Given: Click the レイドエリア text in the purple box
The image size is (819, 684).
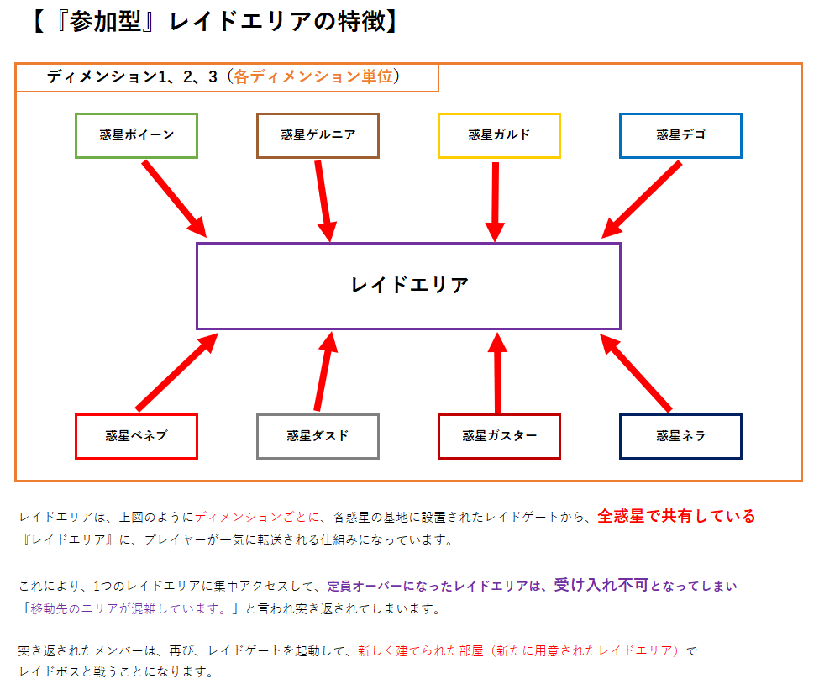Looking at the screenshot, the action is pos(410,286).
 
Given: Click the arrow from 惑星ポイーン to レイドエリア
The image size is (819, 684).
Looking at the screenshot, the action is pos(175,199).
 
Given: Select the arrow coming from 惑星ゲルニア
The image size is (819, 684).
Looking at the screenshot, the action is pos(324,201).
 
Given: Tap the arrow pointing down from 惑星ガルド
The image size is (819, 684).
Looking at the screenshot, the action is pos(495,202).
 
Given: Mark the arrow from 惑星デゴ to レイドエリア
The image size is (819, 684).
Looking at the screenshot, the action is pos(642,200).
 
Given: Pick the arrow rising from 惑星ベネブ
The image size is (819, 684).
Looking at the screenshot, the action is pos(176,372).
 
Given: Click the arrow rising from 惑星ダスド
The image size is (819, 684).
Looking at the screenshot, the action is pos(325,371).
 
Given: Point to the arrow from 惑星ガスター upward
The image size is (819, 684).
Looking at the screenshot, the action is pos(498,372).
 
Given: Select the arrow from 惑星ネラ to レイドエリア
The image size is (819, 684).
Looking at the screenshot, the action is pos(636,372).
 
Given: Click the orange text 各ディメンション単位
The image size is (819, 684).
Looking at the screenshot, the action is pos(312,76).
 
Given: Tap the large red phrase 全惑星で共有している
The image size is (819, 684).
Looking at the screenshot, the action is pos(676,516).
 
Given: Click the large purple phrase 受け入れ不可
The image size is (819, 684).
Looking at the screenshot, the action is pos(601,585).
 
